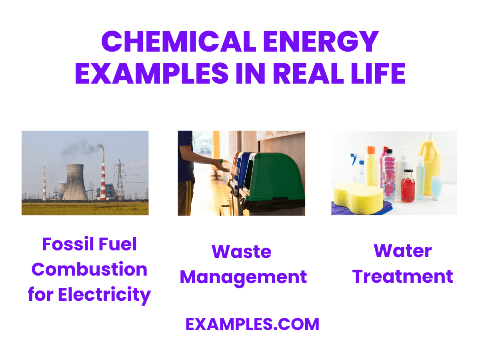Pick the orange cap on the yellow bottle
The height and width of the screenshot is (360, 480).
tap(371, 150)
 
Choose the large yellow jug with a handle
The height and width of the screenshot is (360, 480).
tap(430, 164)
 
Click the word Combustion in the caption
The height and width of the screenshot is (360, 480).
tap(89, 269)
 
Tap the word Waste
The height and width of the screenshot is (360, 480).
tap(242, 252)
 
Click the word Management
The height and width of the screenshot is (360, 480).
tap(243, 277)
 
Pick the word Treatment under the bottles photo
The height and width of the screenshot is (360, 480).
tap(403, 276)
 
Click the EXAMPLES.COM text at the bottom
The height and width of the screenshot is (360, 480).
tap(252, 324)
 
